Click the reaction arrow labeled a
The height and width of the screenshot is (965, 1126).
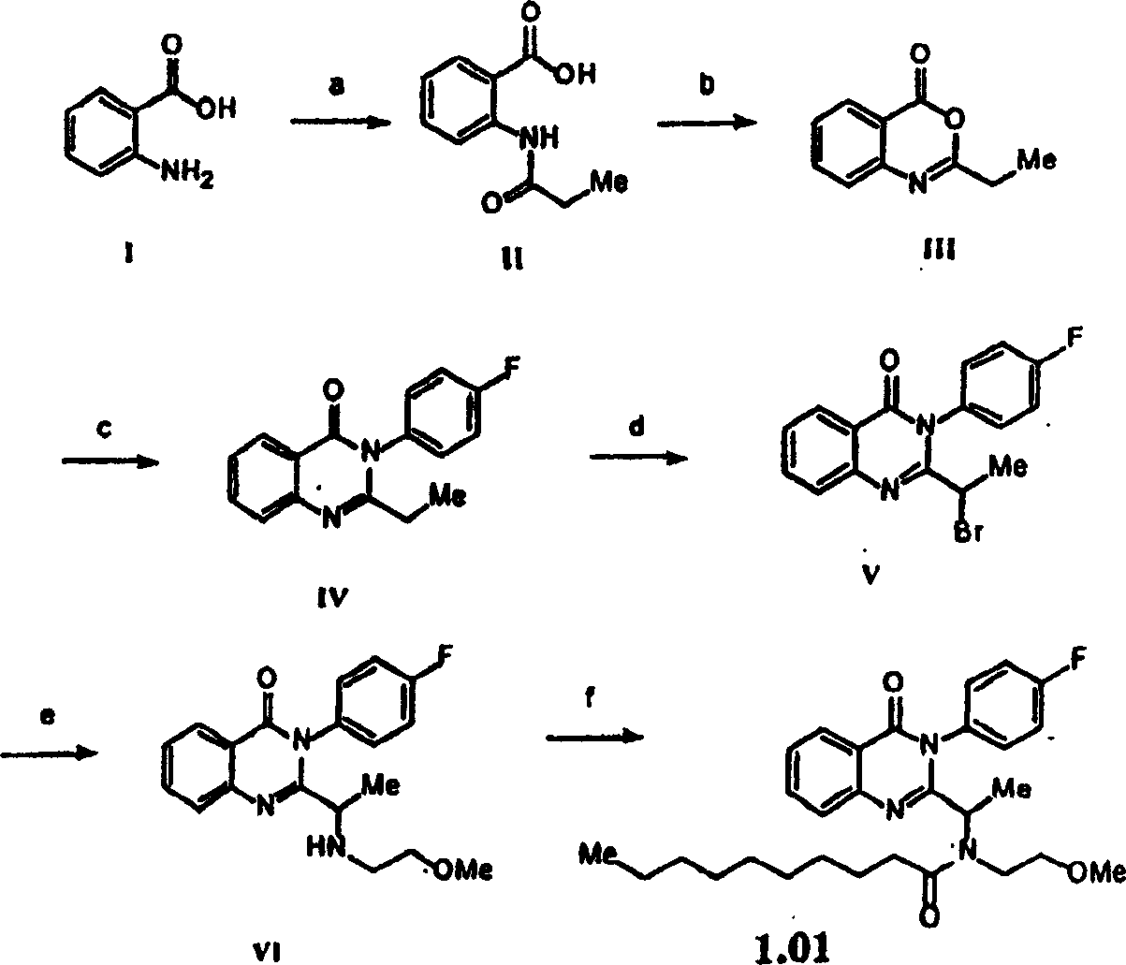point(341,122)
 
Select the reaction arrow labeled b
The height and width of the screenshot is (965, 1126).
point(707,124)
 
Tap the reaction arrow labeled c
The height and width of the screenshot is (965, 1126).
point(110,461)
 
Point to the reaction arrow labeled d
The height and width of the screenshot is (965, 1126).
point(638,459)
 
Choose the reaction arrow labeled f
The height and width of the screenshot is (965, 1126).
point(595,738)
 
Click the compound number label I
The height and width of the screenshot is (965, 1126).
point(129,254)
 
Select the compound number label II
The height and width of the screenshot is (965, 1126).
point(513,258)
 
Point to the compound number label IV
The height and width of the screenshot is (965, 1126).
point(332,598)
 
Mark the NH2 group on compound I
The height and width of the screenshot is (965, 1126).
point(187,176)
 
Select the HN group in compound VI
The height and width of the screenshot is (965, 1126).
point(327,846)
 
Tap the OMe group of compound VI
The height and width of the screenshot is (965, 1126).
point(463,870)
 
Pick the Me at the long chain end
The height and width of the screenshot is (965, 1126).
point(598,855)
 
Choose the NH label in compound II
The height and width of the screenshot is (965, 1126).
point(539,138)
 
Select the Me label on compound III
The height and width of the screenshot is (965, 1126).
point(1037,160)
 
